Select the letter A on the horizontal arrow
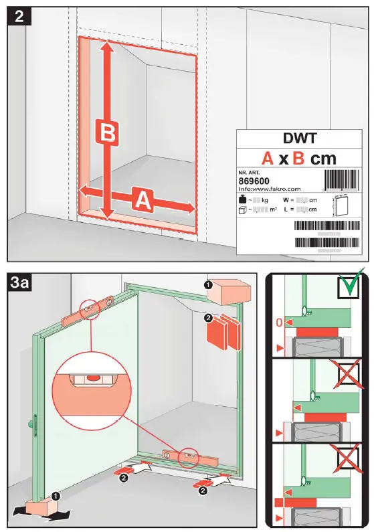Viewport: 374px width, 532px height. [143, 199]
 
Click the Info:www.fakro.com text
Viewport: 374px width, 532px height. [270, 189]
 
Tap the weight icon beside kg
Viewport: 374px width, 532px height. [243, 200]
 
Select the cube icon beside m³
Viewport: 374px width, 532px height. [243, 210]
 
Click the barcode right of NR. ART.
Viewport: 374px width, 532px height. [341, 180]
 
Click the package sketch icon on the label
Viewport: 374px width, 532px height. [341, 205]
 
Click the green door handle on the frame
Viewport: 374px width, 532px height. [31, 423]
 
